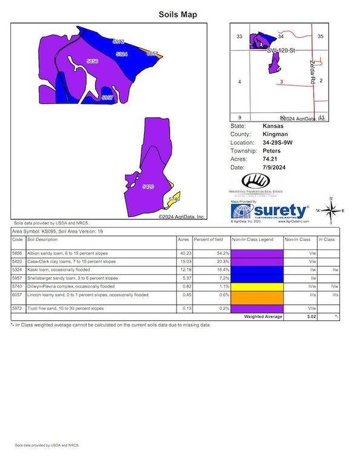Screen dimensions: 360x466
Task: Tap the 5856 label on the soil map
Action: click(x=92, y=62)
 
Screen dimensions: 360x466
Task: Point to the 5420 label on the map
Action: click(x=148, y=187)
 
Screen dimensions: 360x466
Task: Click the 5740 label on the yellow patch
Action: click(x=174, y=199)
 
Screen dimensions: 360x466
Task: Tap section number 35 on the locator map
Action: click(x=321, y=37)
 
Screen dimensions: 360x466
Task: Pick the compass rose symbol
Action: click(x=330, y=210)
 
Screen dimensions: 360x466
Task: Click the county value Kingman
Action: click(x=275, y=134)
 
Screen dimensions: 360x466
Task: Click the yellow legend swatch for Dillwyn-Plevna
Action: click(x=252, y=285)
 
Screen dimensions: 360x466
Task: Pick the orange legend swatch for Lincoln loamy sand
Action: click(x=252, y=297)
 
